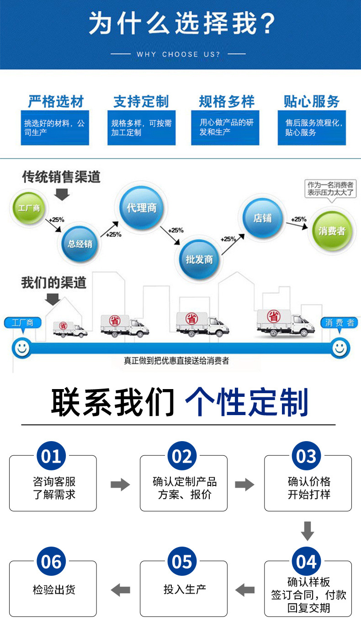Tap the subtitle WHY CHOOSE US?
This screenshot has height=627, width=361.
pyautogui.click(x=178, y=54)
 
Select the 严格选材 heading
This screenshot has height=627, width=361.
pyautogui.click(x=56, y=101)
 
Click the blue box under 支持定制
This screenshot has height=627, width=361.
pyautogui.click(x=141, y=128)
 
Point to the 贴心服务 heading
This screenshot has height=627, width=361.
pyautogui.click(x=312, y=101)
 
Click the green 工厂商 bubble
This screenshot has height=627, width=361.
pyautogui.click(x=28, y=208)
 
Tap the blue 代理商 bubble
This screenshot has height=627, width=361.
pyautogui.click(x=141, y=208)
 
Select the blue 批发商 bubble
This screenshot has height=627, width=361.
pyautogui.click(x=199, y=259)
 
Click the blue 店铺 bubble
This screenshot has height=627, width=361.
pyautogui.click(x=262, y=218)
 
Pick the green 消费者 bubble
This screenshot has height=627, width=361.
pyautogui.click(x=332, y=231)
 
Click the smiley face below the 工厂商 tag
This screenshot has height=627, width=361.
pyautogui.click(x=21, y=348)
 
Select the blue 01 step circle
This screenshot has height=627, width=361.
pyautogui.click(x=51, y=456)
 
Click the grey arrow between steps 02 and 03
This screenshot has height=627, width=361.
pyautogui.click(x=244, y=485)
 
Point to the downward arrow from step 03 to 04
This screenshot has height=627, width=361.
pyautogui.click(x=308, y=531)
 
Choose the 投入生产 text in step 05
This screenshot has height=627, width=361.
pyautogui.click(x=185, y=589)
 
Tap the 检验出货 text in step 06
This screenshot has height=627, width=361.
pyautogui.click(x=54, y=590)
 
